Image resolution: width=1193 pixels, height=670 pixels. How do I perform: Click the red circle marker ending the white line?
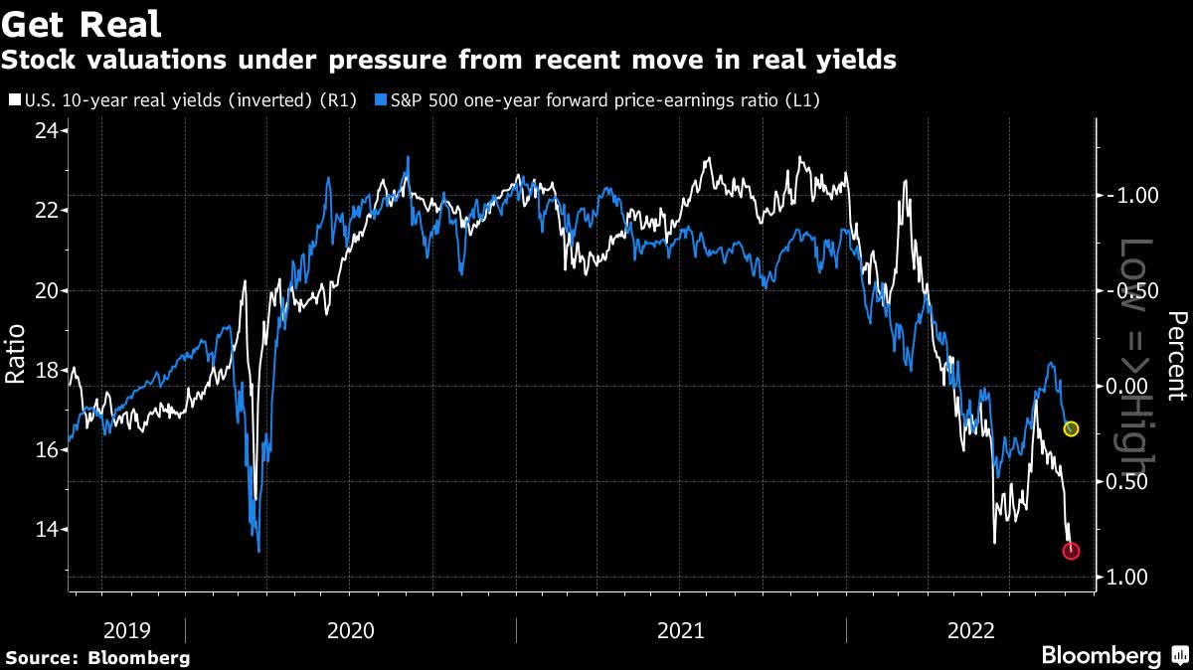(1071, 550)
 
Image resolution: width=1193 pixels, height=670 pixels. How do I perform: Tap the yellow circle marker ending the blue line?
(1071, 428)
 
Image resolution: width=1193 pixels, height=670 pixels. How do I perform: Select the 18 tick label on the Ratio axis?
(44, 371)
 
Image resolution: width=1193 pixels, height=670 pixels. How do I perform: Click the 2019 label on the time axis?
(127, 630)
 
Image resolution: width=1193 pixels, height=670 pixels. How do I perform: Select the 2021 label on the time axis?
(681, 630)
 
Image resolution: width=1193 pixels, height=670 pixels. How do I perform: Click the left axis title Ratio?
(15, 357)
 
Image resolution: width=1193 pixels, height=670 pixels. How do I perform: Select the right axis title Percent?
(1177, 355)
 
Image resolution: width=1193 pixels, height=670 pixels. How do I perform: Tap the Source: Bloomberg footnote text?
(97, 657)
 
